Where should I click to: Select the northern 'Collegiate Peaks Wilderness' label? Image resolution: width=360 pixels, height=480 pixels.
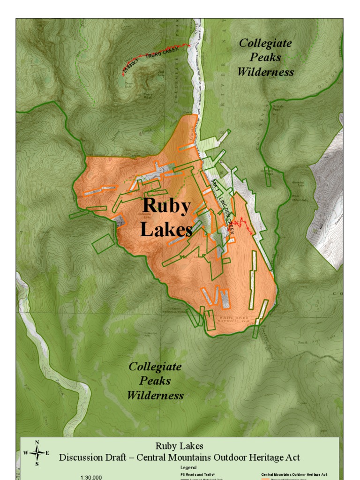tap(265, 57)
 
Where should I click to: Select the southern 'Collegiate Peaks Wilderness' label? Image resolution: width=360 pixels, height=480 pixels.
tap(155, 381)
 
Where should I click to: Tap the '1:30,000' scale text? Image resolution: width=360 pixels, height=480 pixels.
tap(91, 477)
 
